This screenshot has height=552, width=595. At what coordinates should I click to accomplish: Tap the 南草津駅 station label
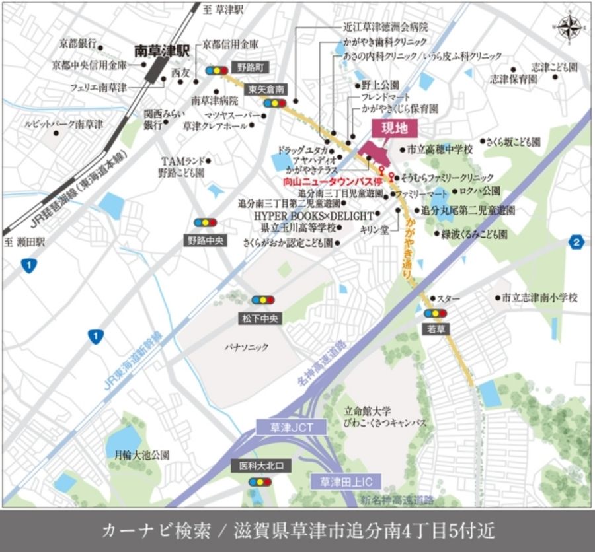pos(162,50)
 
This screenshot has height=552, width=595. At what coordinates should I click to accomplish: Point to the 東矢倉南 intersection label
pos(266,89)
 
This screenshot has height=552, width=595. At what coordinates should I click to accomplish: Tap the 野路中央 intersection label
pos(205,241)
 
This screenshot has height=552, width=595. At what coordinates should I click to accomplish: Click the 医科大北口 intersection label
pos(261,466)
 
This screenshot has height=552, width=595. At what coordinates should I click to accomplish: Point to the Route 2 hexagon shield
pos(577,242)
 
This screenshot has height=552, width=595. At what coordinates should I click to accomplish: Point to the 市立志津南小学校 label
pos(539,298)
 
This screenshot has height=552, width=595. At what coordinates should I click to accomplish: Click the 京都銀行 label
pos(77,44)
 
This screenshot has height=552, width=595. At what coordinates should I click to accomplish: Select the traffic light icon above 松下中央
pos(262,300)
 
